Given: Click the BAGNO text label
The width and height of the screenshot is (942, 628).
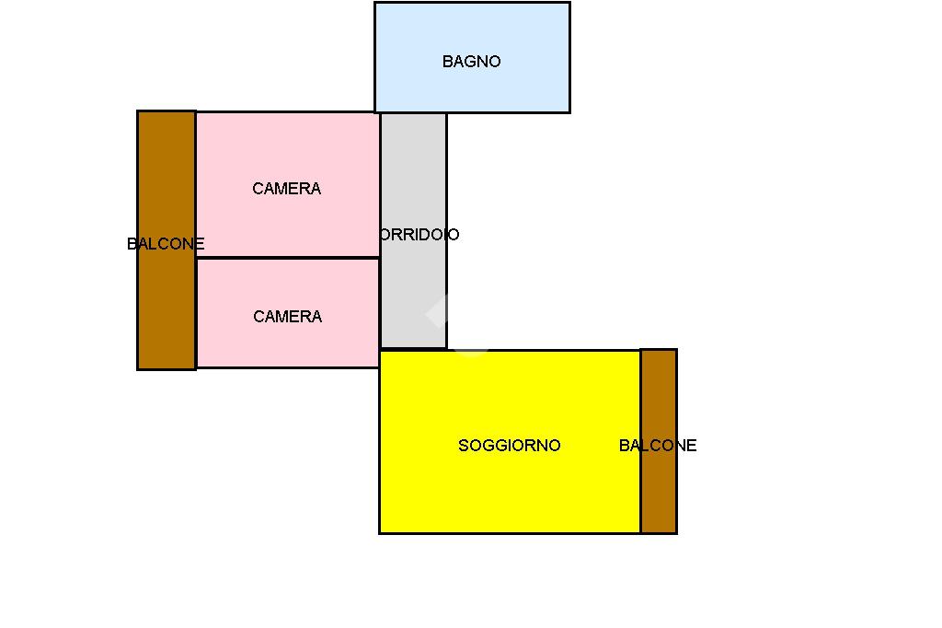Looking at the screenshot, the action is [x=472, y=62].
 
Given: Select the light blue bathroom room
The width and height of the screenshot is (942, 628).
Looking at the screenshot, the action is [x=472, y=57].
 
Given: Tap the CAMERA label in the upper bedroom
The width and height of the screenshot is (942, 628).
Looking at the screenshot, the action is [x=287, y=189].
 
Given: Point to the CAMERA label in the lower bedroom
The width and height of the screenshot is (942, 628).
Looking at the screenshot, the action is [x=287, y=317].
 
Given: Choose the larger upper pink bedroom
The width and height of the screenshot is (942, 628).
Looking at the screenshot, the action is [x=288, y=185].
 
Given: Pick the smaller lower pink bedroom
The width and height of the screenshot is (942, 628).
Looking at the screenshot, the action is [x=288, y=313].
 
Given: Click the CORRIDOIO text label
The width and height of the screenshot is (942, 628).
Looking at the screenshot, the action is [x=419, y=235].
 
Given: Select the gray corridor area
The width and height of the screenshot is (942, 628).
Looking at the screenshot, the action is [x=414, y=230].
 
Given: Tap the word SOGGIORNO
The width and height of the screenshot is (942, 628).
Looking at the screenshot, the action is [x=510, y=446].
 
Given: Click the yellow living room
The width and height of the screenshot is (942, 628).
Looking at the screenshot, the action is [x=510, y=441].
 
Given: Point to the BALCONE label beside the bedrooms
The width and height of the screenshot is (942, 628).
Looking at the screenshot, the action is [x=166, y=244].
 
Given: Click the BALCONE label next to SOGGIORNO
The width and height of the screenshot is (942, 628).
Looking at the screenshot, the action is [x=658, y=446].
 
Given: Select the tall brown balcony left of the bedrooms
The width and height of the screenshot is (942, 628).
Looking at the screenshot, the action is [x=167, y=240].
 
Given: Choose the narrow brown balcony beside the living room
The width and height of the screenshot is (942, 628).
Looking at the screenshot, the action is [x=659, y=441].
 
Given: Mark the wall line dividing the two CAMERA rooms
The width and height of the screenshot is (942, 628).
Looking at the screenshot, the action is [x=288, y=258].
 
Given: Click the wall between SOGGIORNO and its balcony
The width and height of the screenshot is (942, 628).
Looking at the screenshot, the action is [x=641, y=441].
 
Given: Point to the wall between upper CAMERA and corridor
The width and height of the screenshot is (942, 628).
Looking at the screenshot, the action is [x=380, y=185].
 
